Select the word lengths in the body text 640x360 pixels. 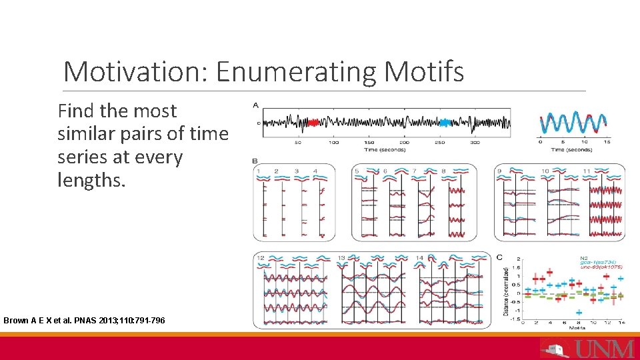[x=91, y=179]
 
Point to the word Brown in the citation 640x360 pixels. [x=16, y=321]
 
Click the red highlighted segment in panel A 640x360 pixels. [x=313, y=123]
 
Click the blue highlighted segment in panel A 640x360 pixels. [x=445, y=123]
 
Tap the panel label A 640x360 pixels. [x=256, y=105]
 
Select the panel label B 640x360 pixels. [x=255, y=161]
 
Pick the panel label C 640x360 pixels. [x=500, y=257]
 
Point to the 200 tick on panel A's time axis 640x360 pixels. [x=404, y=142]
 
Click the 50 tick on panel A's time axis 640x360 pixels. [x=298, y=142]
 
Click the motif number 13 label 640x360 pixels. [x=341, y=257]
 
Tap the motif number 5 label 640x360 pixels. [x=357, y=171]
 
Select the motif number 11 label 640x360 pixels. [x=587, y=171]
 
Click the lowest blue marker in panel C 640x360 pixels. [x=579, y=311]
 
